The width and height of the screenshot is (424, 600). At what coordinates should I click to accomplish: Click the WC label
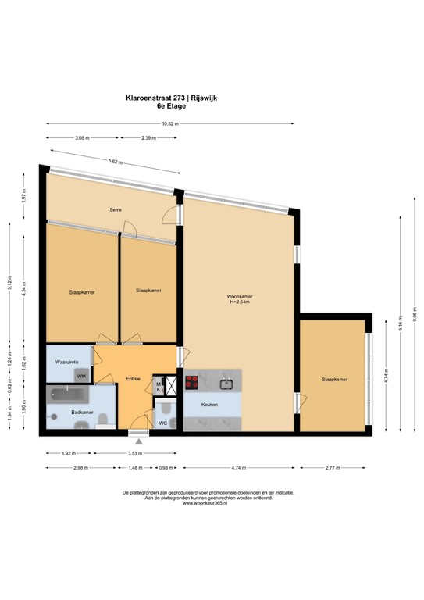163,423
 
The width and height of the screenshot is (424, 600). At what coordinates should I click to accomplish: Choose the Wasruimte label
65,362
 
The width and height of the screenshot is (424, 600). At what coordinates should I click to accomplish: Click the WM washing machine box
81,376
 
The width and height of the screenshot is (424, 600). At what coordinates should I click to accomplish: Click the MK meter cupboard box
159,386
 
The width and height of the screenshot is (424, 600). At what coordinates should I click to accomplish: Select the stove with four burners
191,383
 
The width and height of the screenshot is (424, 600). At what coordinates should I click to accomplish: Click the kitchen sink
227,383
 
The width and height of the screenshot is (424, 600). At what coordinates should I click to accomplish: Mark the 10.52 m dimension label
169,123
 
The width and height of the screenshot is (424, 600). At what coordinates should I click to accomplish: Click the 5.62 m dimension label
116,162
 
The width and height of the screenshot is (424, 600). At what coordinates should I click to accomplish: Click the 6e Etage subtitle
168,107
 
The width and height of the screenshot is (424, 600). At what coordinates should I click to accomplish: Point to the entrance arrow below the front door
139,443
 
